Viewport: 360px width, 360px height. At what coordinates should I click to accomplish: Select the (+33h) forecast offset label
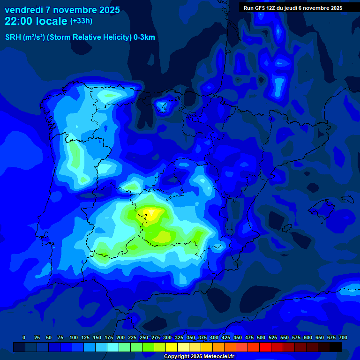pos(81,21)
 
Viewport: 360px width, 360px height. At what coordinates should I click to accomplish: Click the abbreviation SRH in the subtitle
pos(13,37)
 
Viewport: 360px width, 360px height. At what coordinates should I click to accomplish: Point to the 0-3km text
pos(144,37)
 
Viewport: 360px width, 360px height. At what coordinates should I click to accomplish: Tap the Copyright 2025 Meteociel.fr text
pos(199,356)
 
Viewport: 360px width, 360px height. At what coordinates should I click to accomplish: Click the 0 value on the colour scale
pos(24,337)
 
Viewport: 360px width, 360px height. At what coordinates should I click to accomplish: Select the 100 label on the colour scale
pos(74,337)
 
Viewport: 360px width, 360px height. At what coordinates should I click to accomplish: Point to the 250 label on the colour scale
pos(144,337)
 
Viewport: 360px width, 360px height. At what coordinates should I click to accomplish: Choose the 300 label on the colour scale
pos(167,337)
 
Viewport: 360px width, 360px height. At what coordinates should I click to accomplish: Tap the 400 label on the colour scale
pos(214,337)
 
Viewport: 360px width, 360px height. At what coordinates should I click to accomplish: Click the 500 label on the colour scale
pos(261,337)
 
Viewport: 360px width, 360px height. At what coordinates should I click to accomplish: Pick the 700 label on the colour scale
pos(343,337)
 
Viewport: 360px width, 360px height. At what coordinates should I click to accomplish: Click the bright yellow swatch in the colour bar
pos(172,347)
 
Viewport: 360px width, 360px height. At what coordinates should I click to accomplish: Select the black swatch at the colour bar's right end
pos(336,347)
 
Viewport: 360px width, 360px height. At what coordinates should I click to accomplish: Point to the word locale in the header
pos(50,21)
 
